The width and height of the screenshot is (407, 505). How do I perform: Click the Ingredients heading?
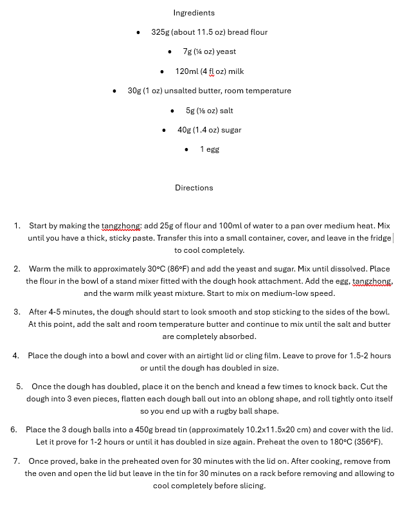coord(194,13)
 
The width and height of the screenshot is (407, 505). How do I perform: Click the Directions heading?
coord(194,188)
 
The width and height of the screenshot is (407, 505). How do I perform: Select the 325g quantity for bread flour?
coord(159,32)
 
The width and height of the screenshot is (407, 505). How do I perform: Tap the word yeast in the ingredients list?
coord(226,51)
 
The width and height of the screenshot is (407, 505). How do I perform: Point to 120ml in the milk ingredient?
coord(186,71)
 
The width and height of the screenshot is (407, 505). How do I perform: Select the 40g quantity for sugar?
coord(184,130)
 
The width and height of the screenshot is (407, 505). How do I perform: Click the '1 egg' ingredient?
coord(210,149)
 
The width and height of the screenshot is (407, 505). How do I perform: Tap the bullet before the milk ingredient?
coord(161,71)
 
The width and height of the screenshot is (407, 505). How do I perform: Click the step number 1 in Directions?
coord(17,226)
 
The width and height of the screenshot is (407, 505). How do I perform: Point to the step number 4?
coord(15,356)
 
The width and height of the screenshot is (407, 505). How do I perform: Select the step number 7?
coord(15,461)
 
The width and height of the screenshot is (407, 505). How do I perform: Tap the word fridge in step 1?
coord(379,238)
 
